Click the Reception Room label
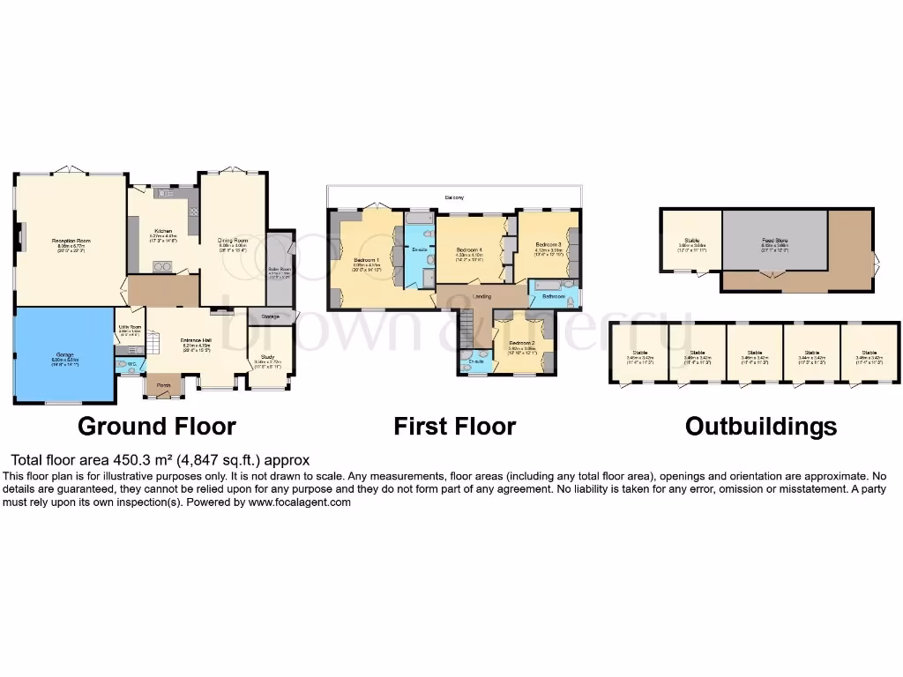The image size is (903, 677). (x=71, y=240)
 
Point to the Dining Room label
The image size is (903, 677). (x=234, y=240)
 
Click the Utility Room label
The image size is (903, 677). (x=130, y=327)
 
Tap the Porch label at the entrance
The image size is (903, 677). (x=164, y=385)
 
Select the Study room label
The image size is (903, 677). (x=267, y=356)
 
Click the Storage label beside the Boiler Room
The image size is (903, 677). (x=270, y=316)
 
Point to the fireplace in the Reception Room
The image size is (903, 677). (x=21, y=236)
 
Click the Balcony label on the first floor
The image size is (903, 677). (x=454, y=197)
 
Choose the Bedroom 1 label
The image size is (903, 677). (x=367, y=260)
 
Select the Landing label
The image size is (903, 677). (x=481, y=296)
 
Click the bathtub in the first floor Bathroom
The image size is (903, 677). (x=552, y=285)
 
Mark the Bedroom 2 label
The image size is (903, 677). (x=522, y=342)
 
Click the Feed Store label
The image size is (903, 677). (x=775, y=239)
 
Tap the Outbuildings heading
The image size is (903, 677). (x=760, y=427)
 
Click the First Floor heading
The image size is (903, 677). (x=454, y=427)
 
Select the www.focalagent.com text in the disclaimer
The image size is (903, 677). (x=300, y=502)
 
